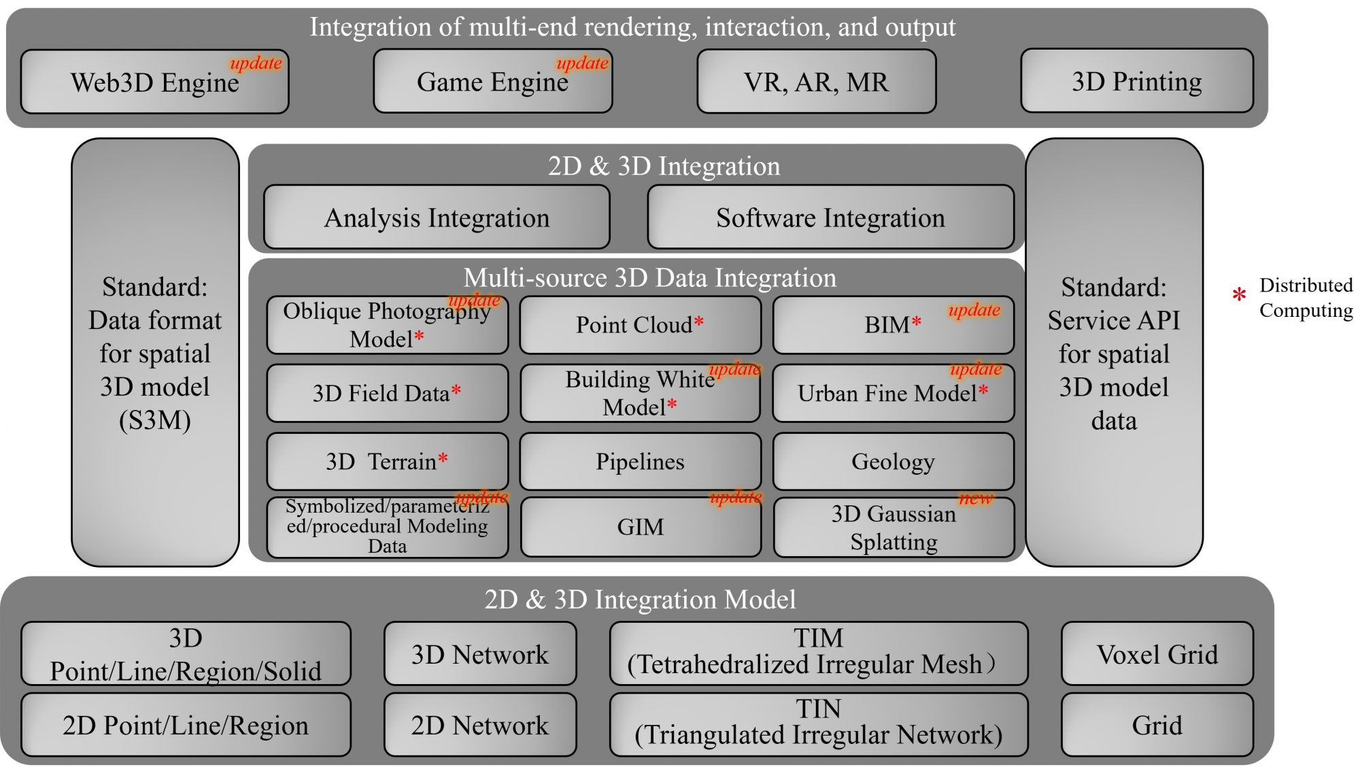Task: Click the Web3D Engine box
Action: tap(154, 82)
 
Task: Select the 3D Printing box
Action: tap(1136, 81)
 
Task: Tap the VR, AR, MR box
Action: tap(816, 82)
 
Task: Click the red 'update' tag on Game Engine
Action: tap(582, 63)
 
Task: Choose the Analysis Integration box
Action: tap(437, 218)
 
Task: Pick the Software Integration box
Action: tap(830, 218)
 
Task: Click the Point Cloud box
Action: tap(640, 325)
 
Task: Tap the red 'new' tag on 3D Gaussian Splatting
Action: tap(976, 498)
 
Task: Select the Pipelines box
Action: tap(640, 462)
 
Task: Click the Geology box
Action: tap(893, 462)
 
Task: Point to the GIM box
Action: tap(640, 527)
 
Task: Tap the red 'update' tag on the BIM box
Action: tap(974, 310)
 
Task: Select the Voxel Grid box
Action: tap(1157, 654)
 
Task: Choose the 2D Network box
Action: tap(479, 725)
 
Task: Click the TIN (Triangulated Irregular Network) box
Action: tap(818, 723)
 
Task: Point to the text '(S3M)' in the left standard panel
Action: tap(155, 420)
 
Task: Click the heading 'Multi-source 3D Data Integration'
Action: tap(649, 277)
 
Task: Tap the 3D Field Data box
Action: tap(386, 393)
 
